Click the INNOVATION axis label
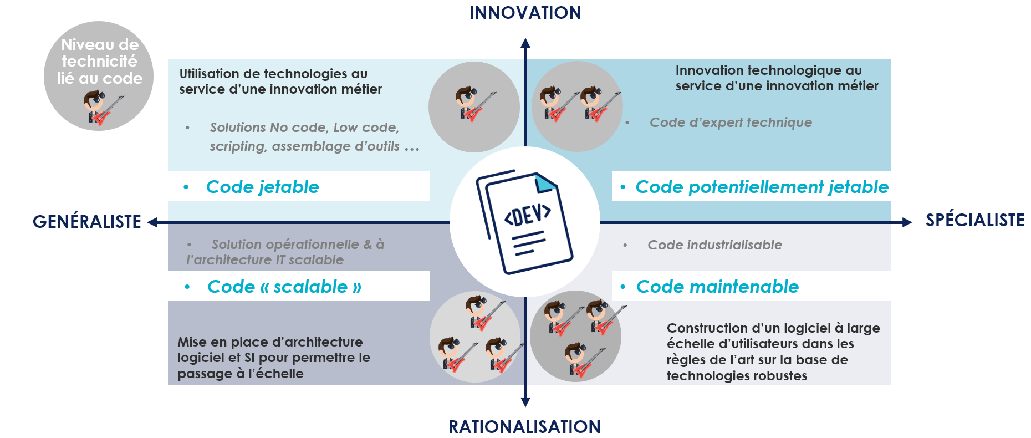525,13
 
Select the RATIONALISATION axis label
524,427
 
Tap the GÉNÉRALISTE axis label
87,222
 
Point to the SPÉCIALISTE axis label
975,220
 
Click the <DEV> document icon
524,222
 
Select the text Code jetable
262,187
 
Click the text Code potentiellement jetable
762,187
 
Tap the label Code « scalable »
284,287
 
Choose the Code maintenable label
717,287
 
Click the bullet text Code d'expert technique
730,123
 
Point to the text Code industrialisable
714,245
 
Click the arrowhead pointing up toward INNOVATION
525,43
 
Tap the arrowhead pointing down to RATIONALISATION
525,402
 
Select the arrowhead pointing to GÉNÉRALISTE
152,222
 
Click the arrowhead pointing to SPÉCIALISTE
907,222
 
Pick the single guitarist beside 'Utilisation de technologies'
474,104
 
